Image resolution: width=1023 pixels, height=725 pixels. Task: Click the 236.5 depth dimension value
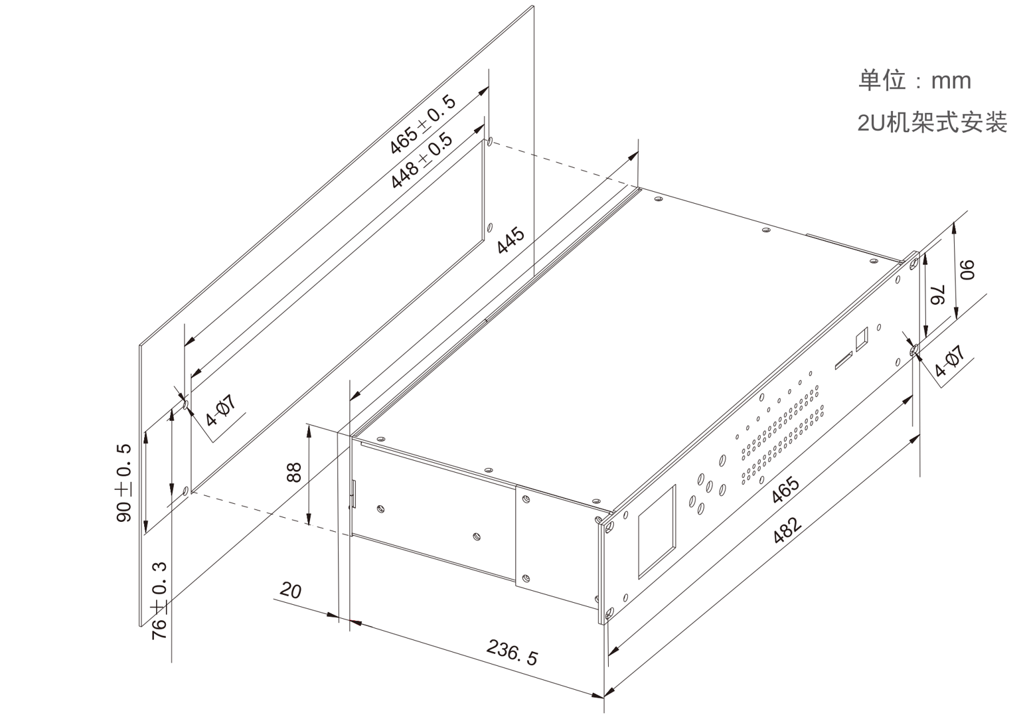511,653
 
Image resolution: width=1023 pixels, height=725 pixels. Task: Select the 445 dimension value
511,240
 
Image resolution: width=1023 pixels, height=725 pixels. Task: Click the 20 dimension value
291,591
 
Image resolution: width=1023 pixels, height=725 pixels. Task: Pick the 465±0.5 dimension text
422,125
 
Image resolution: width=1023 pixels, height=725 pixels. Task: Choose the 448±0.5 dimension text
422,161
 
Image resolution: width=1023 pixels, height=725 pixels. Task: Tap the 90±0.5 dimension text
123,483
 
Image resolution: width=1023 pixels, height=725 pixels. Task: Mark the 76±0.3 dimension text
159,601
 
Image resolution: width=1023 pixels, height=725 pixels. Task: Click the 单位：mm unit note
915,81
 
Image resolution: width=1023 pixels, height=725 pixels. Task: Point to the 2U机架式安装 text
932,122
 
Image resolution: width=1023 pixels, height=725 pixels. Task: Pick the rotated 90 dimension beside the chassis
967,270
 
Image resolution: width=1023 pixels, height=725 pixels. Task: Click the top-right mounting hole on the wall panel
490,141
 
